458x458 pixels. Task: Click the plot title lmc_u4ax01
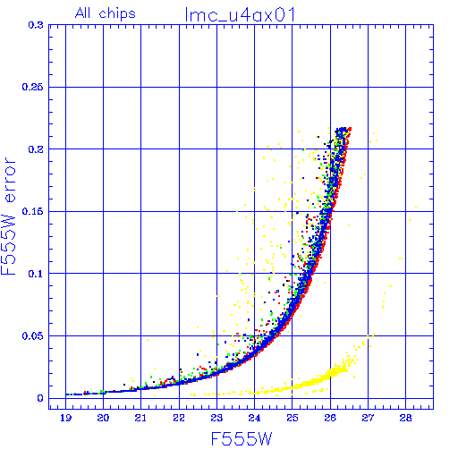240,14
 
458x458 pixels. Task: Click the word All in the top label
82,13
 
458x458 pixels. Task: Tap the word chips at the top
117,14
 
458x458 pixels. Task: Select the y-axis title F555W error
8,216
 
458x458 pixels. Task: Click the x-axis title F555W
242,438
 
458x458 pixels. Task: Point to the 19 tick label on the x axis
66,418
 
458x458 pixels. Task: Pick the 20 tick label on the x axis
103,418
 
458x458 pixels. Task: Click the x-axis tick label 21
140,418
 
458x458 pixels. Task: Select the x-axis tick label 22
179,418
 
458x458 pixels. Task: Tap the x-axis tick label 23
216,418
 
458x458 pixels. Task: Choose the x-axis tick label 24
254,418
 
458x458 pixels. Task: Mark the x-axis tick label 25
293,418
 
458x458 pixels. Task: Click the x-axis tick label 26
330,418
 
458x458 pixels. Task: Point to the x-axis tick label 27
368,418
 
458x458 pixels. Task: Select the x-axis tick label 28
405,418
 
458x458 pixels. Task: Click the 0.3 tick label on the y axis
36,25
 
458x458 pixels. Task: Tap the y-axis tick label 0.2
36,149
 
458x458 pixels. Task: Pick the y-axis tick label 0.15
32,211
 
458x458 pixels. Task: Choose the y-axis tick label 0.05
32,335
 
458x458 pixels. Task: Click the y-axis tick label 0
40,398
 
